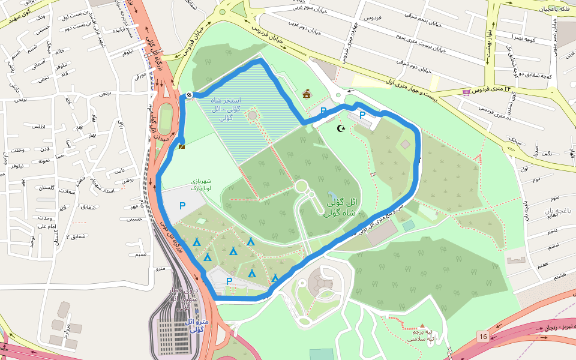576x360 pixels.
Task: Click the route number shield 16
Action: click(x=484, y=337)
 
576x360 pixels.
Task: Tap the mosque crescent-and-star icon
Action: click(x=341, y=128)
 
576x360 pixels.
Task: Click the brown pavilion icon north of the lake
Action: click(x=307, y=94)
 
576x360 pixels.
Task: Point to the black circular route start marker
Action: click(x=188, y=94)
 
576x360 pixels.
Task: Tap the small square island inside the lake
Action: click(x=252, y=115)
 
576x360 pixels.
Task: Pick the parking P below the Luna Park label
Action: click(x=182, y=206)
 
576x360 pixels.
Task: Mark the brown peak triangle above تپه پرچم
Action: click(x=422, y=325)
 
